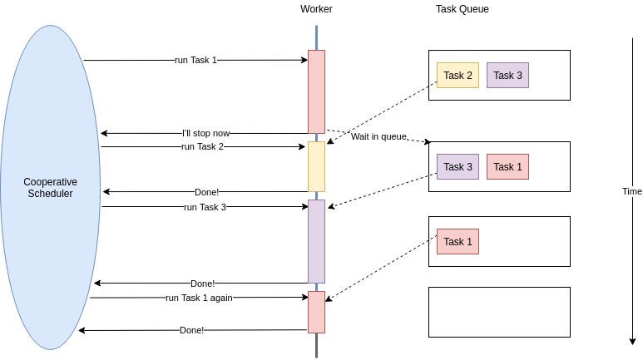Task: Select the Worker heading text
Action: point(315,9)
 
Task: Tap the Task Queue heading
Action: point(462,9)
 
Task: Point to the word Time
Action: point(631,191)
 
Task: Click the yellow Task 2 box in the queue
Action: point(458,76)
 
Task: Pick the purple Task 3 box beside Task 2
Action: point(507,76)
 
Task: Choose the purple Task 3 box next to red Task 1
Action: point(458,167)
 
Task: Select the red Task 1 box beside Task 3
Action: point(507,167)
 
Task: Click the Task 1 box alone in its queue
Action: point(458,242)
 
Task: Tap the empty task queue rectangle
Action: point(499,312)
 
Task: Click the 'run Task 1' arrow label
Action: point(195,60)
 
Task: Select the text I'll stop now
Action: point(205,133)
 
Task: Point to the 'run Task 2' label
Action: point(202,146)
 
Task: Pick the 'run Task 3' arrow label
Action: point(205,207)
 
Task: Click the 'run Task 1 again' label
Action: point(199,297)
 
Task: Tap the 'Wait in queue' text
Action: point(378,136)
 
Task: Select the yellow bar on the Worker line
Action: point(316,166)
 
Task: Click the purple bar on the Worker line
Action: point(316,241)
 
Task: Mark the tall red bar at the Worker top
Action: point(316,91)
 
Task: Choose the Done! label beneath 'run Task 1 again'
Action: point(191,330)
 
